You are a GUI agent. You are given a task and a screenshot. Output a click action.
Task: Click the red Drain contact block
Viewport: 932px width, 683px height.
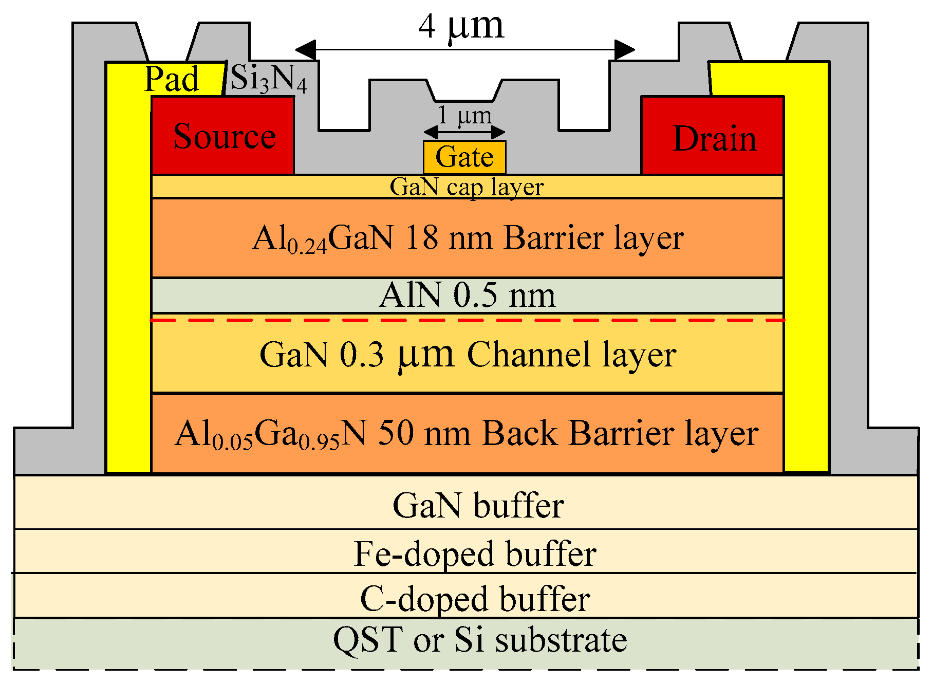713,137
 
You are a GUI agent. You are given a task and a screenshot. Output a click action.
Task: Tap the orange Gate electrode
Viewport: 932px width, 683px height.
464,157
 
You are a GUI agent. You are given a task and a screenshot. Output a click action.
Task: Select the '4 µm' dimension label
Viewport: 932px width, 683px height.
461,27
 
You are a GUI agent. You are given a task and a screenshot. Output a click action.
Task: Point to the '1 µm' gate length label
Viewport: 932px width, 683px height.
464,115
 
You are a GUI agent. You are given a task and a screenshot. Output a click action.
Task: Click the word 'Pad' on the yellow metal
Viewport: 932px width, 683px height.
171,79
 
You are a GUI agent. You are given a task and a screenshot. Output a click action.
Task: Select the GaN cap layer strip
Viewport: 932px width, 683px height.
467,187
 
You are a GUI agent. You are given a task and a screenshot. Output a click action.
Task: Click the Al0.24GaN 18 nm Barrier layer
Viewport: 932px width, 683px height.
468,238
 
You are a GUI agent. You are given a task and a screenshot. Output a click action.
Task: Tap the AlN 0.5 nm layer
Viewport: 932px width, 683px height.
468,296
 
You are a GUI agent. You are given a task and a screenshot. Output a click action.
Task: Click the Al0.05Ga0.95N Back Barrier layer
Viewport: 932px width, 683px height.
468,433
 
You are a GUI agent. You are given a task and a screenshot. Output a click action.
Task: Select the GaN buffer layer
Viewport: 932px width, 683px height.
478,505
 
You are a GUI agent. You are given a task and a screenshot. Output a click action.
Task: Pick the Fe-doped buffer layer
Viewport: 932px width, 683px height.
475,553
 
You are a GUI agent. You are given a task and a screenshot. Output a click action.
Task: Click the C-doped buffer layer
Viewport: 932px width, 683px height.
475,598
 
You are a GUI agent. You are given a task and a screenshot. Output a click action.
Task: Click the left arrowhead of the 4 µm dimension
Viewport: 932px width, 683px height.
305,50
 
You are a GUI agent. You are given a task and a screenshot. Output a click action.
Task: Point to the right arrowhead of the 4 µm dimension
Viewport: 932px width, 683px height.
625,50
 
